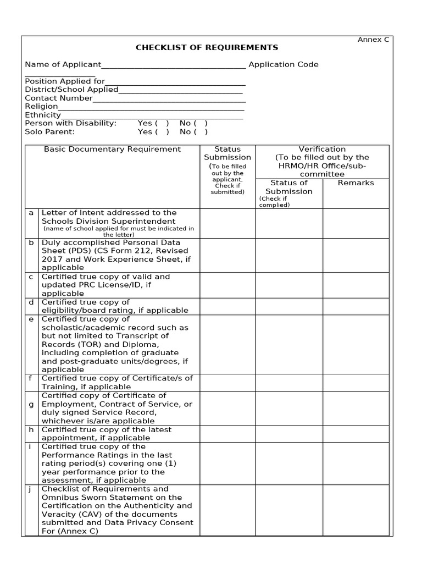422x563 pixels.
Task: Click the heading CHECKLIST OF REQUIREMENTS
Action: [x=207, y=48]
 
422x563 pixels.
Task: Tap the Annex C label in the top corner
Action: [x=373, y=40]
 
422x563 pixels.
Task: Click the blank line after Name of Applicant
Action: [x=174, y=66]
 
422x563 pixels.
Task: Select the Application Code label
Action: [x=283, y=64]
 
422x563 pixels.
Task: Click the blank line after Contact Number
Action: [x=169, y=100]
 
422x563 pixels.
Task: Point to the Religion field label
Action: [x=41, y=106]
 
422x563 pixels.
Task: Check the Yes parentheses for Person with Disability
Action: [x=162, y=123]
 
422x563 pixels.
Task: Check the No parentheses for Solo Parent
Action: [x=199, y=132]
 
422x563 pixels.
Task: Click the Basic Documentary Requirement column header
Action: [x=112, y=149]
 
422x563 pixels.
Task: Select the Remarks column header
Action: [x=356, y=183]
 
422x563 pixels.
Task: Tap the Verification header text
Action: [x=322, y=149]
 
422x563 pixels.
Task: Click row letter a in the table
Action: [x=31, y=213]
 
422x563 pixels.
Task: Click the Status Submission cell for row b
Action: [x=227, y=255]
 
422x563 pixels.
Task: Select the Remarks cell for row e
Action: [x=356, y=344]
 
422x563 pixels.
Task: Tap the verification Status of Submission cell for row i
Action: [x=288, y=463]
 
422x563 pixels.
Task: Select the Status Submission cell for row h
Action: [x=227, y=434]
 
